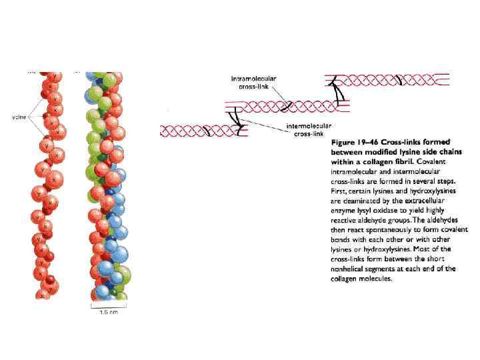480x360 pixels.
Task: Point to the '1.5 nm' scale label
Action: pyautogui.click(x=109, y=312)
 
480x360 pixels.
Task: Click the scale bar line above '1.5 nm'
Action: pyautogui.click(x=109, y=306)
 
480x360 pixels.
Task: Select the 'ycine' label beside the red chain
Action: pyautogui.click(x=19, y=117)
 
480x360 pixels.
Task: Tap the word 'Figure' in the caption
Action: pyautogui.click(x=346, y=142)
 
